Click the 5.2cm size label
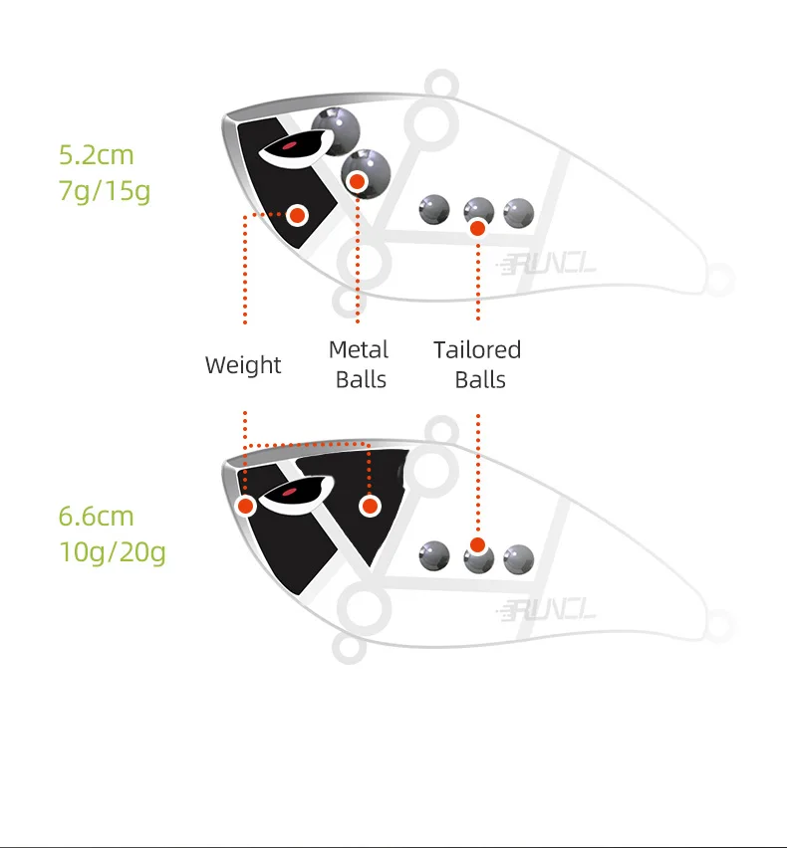click(96, 155)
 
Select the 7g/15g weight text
click(104, 190)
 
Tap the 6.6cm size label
click(96, 517)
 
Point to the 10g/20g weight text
click(112, 551)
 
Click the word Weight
click(243, 365)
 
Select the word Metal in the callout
click(359, 350)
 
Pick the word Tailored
click(477, 350)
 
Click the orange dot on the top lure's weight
click(297, 214)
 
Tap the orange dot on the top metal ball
click(357, 181)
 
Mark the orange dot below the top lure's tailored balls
click(477, 228)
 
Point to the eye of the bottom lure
click(289, 492)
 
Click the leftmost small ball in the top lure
click(434, 209)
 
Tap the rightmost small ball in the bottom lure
click(518, 558)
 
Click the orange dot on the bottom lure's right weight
click(371, 507)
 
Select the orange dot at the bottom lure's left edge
click(246, 507)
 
